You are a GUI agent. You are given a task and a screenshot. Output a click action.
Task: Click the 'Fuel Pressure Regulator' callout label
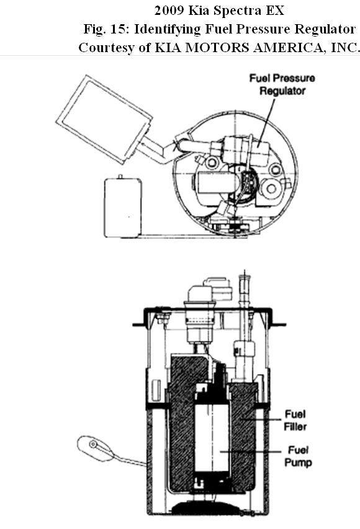(282, 84)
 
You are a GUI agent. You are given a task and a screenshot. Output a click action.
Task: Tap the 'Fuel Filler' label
(295, 420)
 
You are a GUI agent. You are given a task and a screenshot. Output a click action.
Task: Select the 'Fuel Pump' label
(298, 456)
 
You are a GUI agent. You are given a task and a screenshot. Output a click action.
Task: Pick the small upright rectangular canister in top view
(123, 207)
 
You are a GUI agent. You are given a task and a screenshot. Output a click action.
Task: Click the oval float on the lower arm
(96, 448)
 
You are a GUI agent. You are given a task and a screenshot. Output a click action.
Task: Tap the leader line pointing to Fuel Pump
(250, 451)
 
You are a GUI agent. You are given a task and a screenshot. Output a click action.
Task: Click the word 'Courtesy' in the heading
(106, 48)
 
